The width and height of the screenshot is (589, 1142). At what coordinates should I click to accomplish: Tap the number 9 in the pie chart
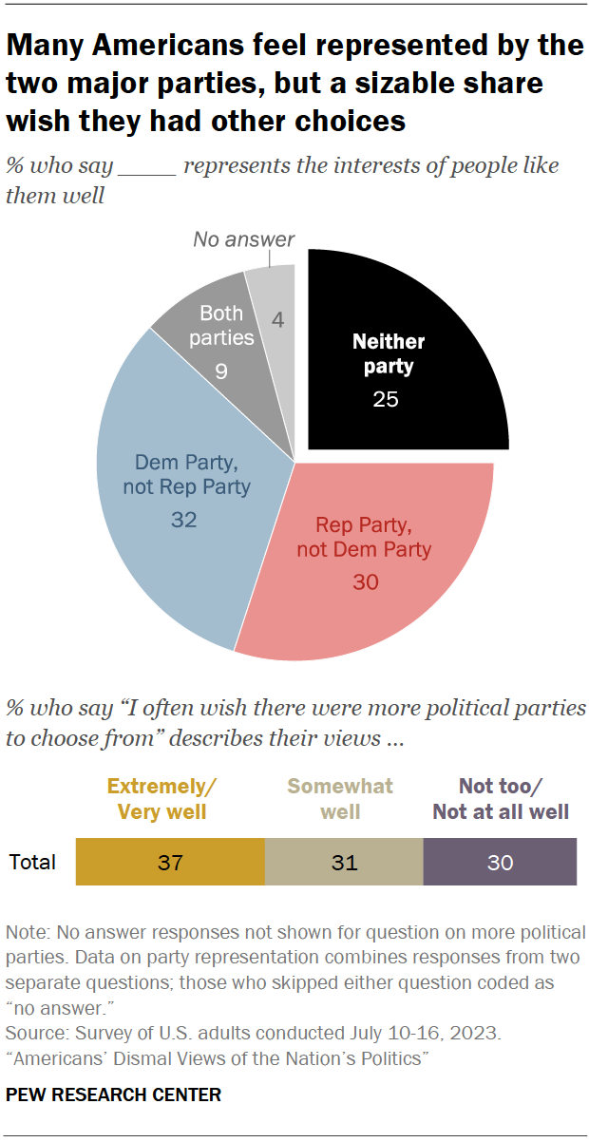(220, 371)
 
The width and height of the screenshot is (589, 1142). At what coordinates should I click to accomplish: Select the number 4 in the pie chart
(277, 320)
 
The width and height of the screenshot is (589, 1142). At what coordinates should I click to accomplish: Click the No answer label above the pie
(244, 239)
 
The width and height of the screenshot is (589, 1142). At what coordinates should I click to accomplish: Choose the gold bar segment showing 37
(170, 862)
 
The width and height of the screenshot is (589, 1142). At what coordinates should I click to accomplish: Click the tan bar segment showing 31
(344, 862)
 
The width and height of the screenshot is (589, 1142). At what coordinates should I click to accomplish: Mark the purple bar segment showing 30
(500, 862)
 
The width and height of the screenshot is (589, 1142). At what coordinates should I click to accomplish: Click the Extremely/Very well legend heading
(162, 799)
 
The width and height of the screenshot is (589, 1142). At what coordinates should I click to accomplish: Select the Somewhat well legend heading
(340, 799)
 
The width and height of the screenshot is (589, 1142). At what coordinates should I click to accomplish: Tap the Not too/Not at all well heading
(501, 799)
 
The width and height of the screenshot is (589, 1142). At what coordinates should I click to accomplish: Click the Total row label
(32, 863)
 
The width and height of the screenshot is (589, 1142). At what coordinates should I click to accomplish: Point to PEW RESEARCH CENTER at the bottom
(113, 1094)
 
